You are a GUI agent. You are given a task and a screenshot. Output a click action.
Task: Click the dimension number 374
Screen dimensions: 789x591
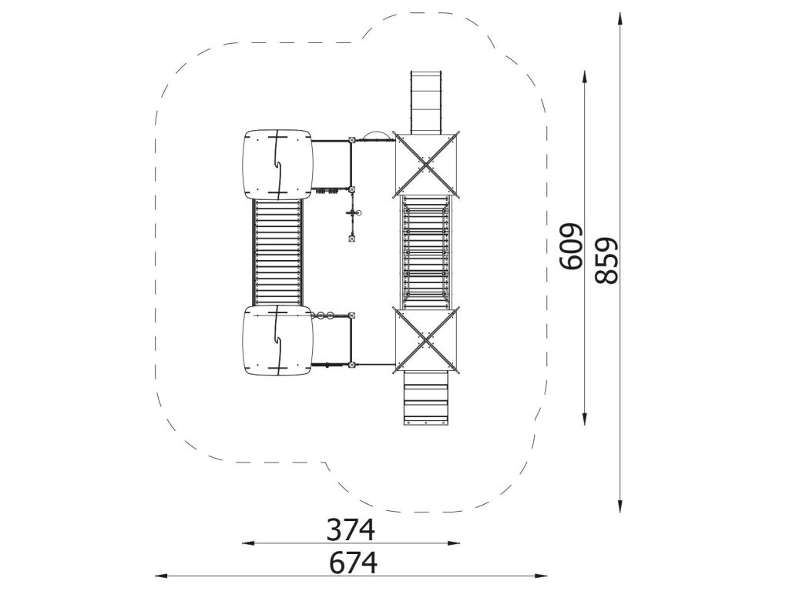tap(351, 529)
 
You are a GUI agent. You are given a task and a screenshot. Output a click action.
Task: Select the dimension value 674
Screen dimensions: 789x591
tap(353, 563)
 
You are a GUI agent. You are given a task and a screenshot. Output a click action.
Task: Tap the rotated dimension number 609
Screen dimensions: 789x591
tap(571, 247)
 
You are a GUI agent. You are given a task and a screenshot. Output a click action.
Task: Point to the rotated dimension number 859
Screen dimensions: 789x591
tap(606, 260)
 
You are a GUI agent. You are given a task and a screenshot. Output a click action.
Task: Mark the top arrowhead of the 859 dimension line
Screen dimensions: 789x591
tap(620, 18)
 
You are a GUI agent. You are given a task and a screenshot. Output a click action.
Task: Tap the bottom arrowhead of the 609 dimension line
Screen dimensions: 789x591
tap(584, 419)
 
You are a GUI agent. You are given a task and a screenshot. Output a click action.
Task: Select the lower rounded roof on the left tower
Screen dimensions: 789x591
tap(277, 342)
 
